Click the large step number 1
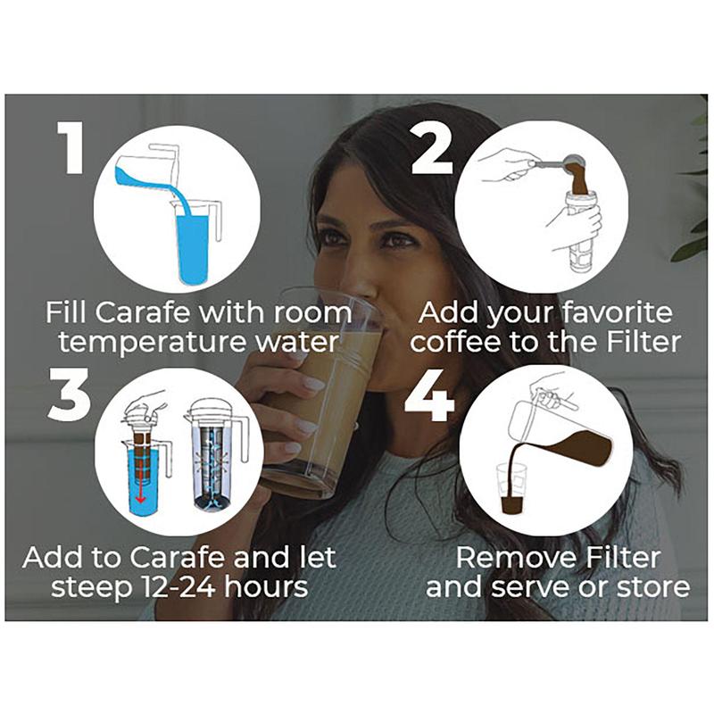71,147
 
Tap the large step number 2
432,147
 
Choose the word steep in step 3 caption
91,587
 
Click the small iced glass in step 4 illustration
511,488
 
